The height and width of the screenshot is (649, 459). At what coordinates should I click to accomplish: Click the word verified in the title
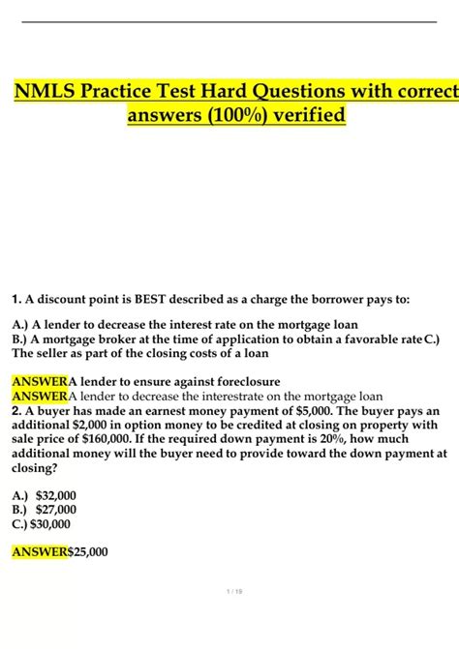point(312,117)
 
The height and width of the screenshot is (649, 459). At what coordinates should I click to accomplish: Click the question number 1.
point(15,300)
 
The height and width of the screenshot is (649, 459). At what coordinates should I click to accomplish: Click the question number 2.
point(15,410)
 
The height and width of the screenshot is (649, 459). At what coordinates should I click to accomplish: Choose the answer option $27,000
point(56,510)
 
